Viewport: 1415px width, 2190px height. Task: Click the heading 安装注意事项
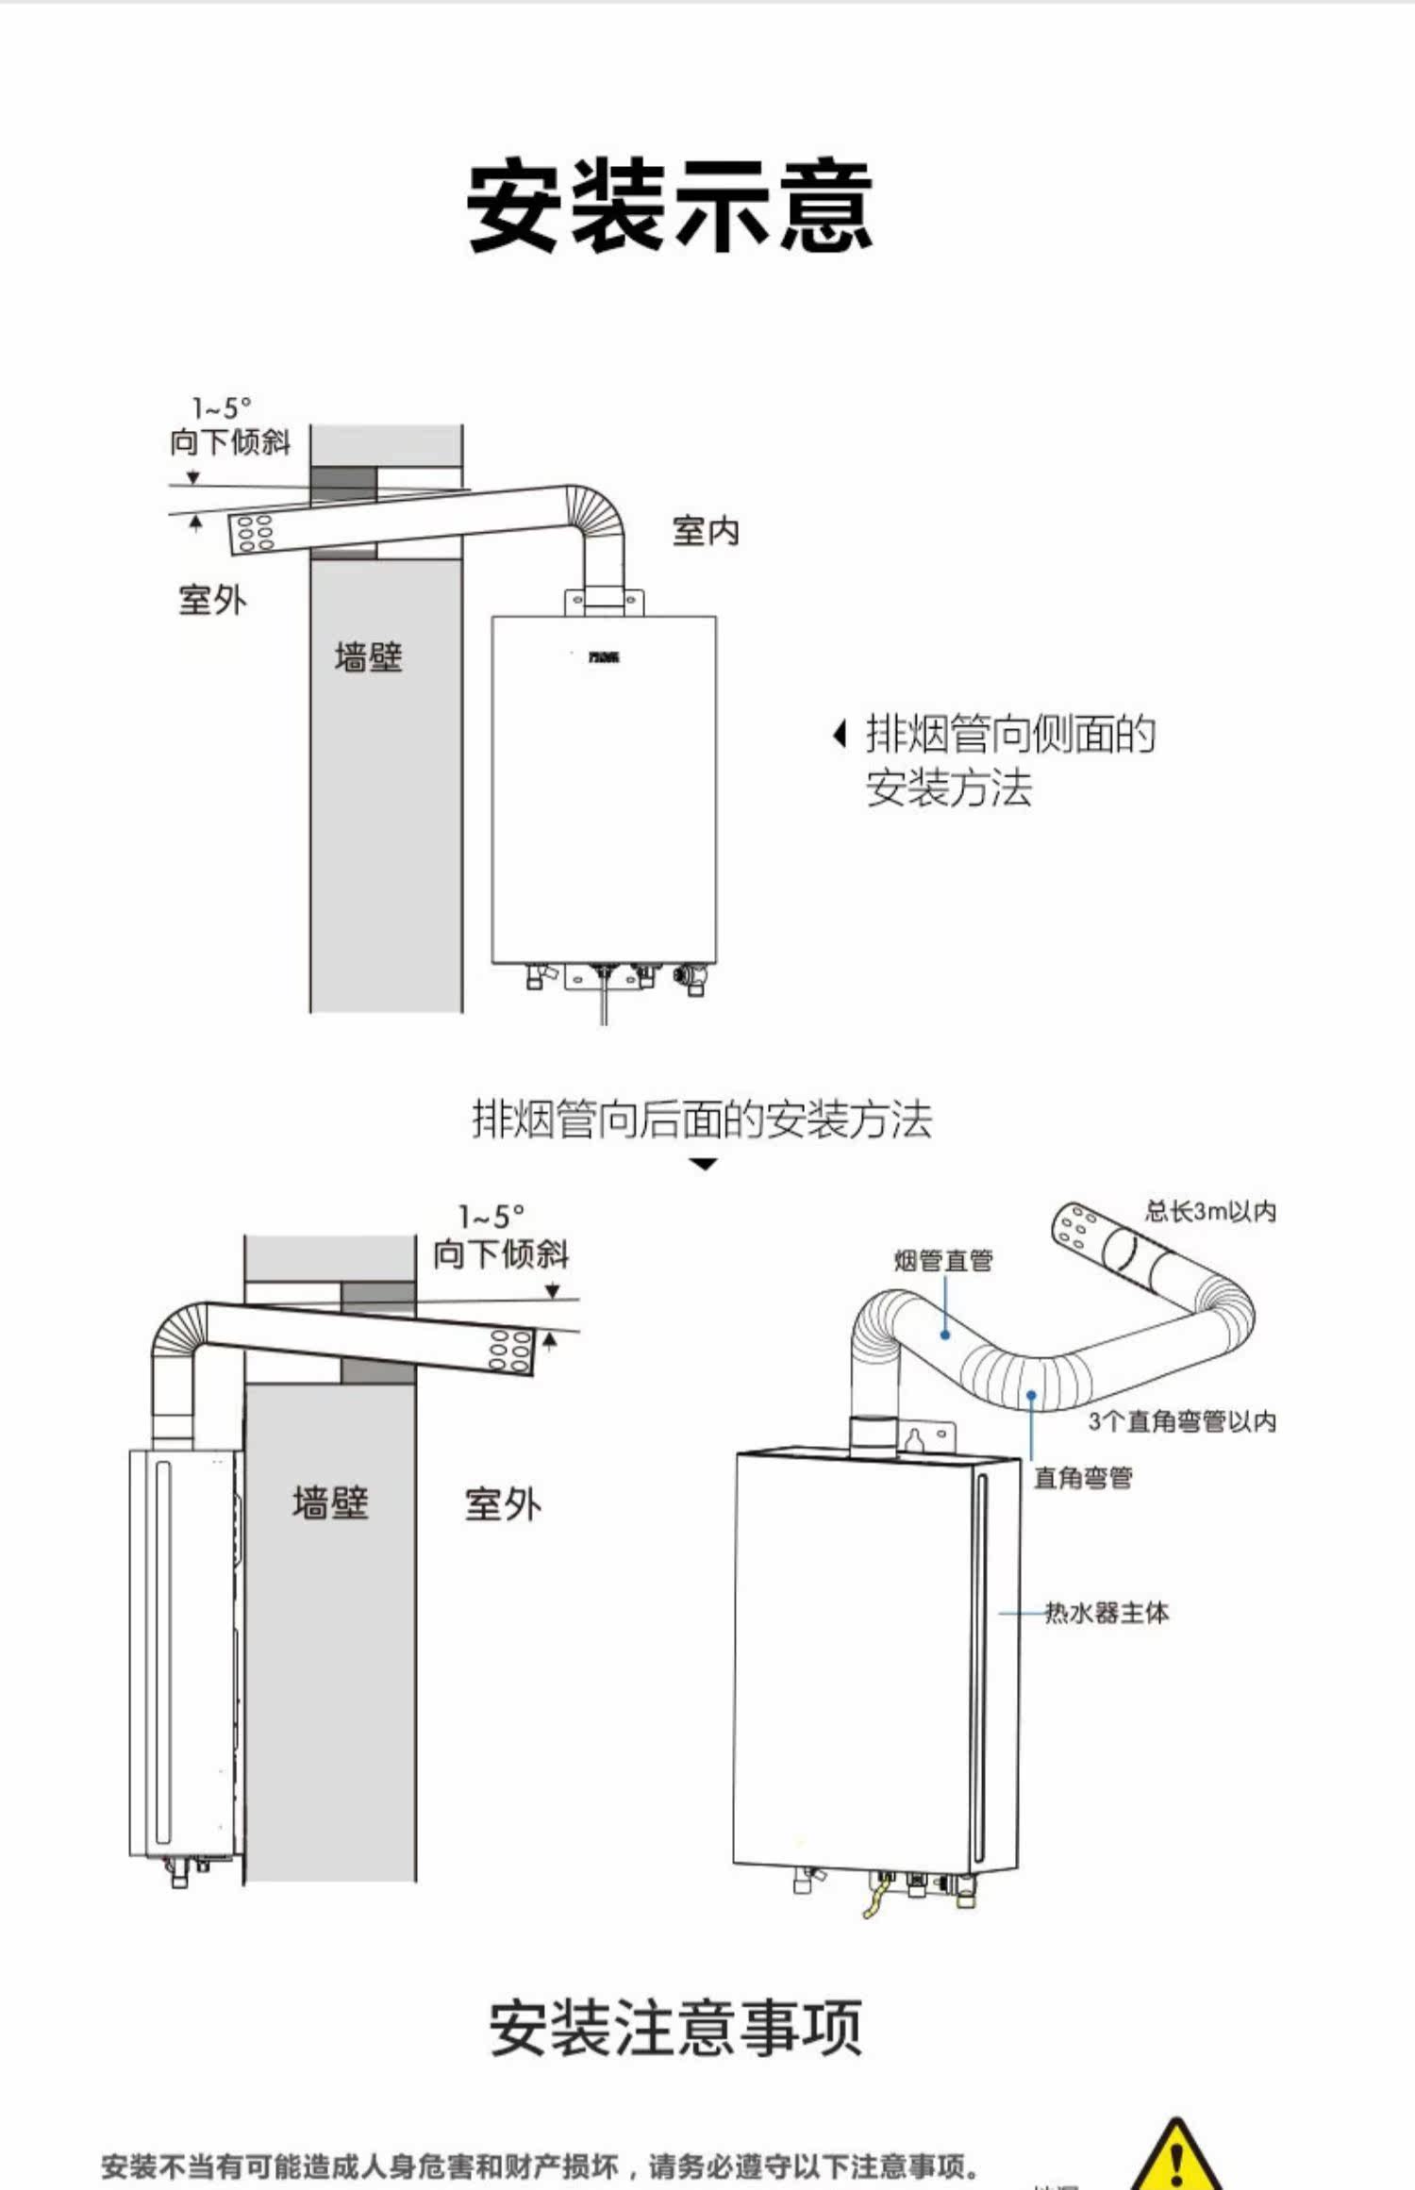point(675,2028)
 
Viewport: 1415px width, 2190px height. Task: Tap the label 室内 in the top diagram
point(706,531)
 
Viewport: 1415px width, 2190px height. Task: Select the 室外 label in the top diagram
point(212,600)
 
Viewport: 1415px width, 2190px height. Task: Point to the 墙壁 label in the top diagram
point(368,657)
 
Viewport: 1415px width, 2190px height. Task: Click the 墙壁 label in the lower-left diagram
point(329,1502)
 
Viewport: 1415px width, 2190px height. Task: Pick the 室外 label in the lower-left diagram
point(503,1504)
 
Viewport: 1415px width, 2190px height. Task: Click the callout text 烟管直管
point(943,1260)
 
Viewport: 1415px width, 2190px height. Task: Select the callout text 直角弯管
point(1083,1477)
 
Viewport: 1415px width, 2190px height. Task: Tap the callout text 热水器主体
point(1107,1613)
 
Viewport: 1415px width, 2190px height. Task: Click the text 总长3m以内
point(1210,1211)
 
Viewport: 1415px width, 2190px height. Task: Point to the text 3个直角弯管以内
point(1182,1421)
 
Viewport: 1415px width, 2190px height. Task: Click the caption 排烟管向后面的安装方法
point(702,1120)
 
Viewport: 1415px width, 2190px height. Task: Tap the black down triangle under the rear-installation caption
point(704,1165)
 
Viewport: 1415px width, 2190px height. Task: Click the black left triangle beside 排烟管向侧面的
point(839,734)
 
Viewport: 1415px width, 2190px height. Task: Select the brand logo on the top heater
point(604,656)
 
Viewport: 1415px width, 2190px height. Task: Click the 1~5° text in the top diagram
point(223,408)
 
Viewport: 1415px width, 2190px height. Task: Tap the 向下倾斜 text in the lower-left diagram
point(501,1254)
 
